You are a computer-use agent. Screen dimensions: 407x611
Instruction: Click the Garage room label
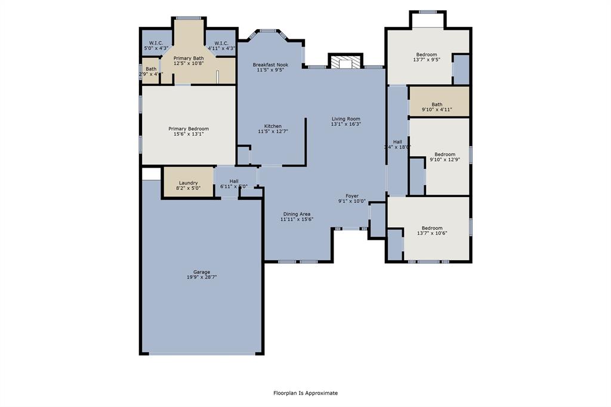[201, 272]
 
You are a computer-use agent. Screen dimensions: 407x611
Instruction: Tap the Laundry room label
[188, 183]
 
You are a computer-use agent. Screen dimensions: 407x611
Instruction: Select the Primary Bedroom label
[189, 129]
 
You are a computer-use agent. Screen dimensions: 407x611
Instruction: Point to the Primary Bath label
[189, 58]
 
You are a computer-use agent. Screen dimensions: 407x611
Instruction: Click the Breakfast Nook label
[270, 64]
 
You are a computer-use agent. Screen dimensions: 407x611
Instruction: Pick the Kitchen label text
[273, 126]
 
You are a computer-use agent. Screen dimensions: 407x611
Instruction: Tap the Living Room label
[346, 119]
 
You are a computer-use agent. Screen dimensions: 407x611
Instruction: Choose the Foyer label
[352, 196]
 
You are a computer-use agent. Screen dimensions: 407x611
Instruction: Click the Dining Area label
[297, 214]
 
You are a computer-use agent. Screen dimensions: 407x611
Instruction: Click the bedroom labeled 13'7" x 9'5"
[426, 57]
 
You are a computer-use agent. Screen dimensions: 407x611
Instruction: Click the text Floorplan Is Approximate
[305, 393]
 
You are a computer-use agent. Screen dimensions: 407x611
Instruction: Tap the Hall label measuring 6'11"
[234, 181]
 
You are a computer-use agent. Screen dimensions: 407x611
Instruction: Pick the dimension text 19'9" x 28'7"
[201, 277]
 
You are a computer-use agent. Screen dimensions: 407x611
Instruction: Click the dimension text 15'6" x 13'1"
[189, 134]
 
